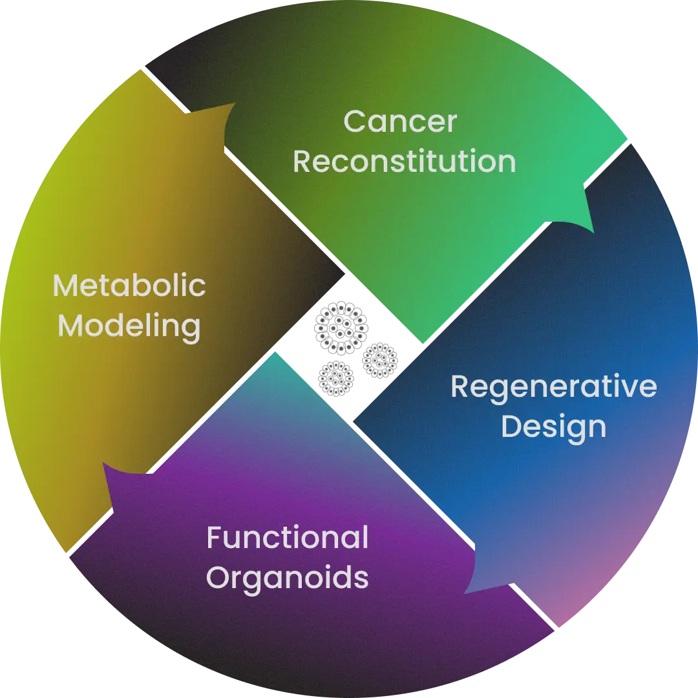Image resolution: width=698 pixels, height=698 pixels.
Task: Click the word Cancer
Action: (400, 122)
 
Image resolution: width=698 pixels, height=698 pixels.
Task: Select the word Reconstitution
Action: (405, 162)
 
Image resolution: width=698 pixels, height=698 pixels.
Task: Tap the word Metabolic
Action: (129, 286)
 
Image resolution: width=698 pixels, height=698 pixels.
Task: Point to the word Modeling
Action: (129, 326)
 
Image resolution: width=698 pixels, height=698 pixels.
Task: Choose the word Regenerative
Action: (553, 386)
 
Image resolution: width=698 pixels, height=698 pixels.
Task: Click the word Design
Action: (553, 427)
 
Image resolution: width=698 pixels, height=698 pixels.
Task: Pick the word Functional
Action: (288, 538)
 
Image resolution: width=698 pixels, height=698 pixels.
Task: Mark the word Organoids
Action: (288, 578)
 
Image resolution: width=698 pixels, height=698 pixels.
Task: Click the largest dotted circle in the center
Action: (339, 328)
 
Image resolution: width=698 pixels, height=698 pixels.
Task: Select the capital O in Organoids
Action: (218, 578)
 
